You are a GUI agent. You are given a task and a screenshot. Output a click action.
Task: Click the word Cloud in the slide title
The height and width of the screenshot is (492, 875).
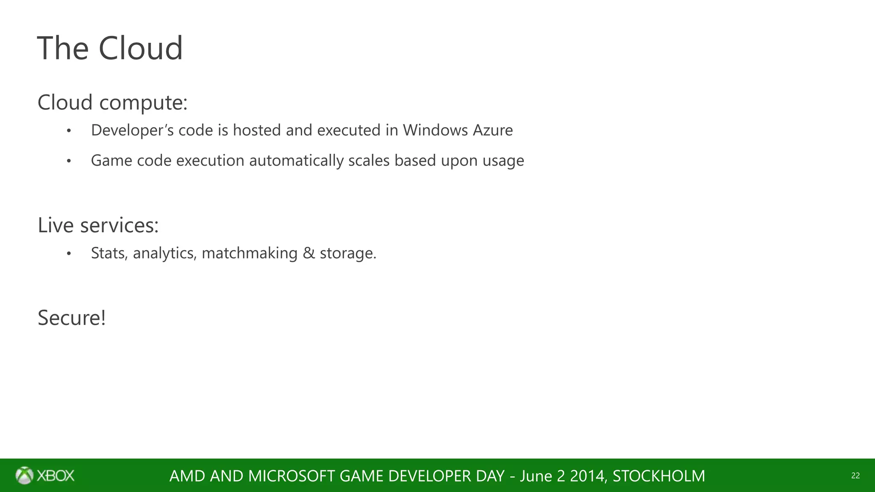(141, 48)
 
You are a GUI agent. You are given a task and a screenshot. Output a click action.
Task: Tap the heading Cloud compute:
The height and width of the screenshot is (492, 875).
(112, 102)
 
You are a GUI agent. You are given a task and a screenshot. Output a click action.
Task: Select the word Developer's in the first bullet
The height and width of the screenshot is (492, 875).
(132, 130)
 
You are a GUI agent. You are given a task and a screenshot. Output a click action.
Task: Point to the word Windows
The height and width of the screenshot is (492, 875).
(435, 130)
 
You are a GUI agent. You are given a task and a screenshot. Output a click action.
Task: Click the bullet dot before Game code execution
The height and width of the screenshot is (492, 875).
(69, 161)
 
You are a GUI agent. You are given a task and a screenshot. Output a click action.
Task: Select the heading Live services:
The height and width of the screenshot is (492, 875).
(98, 225)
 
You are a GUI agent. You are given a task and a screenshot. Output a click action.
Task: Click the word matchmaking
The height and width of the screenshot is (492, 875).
(250, 253)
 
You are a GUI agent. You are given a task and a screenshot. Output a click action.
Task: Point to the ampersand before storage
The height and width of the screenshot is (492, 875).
(308, 253)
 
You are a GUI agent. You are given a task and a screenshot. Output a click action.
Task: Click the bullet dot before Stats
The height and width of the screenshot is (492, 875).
(69, 254)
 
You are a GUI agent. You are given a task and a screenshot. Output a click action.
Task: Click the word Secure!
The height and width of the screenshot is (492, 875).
(71, 318)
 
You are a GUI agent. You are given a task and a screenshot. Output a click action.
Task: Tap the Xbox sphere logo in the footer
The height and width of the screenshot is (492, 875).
(24, 475)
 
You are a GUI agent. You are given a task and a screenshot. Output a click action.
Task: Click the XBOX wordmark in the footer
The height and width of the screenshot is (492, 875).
(56, 476)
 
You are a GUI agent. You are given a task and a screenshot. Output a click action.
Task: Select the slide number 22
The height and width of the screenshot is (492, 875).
(855, 476)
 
